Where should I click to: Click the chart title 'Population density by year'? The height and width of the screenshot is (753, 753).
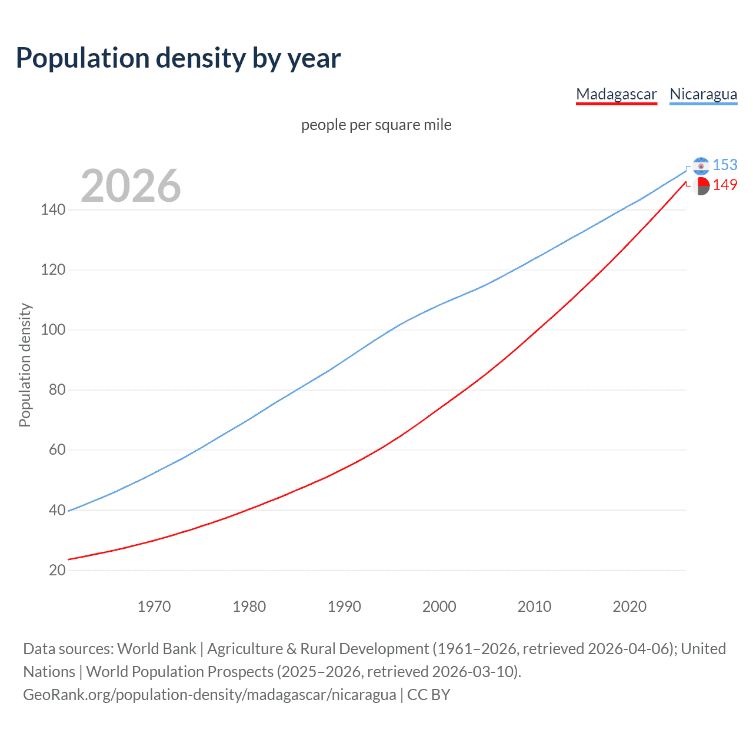178,58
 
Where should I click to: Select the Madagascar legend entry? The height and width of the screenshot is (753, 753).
616,94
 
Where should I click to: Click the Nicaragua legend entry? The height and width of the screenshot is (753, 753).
703,94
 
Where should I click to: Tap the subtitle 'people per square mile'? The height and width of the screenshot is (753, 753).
376,125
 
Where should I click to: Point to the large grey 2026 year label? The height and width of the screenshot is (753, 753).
131,186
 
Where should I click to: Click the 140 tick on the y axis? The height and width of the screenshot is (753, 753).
53,209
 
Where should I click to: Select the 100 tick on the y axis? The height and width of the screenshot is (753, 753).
53,329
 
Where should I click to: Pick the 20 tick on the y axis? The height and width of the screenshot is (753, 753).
57,569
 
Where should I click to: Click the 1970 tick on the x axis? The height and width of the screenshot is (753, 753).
154,607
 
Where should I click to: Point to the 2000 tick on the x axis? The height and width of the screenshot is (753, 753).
439,607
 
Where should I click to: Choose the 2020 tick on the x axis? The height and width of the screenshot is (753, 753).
629,607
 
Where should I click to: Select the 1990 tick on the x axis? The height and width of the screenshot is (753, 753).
344,607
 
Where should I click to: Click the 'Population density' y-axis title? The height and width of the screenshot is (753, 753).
25,365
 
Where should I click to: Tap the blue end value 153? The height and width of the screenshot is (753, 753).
725,165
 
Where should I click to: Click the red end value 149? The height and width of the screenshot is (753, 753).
725,185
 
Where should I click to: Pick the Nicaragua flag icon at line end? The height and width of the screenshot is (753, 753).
701,166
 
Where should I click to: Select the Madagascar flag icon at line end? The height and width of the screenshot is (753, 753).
701,186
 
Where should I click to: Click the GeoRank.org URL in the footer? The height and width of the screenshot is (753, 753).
209,695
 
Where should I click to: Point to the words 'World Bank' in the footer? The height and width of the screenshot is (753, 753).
156,649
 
